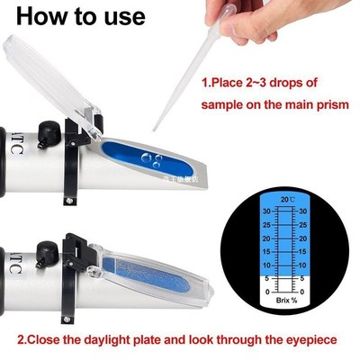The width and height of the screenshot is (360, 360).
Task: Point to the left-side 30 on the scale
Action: coord(266,211)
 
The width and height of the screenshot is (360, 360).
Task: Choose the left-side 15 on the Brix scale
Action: coord(266,253)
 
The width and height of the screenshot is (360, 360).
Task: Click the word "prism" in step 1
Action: coord(325,103)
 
